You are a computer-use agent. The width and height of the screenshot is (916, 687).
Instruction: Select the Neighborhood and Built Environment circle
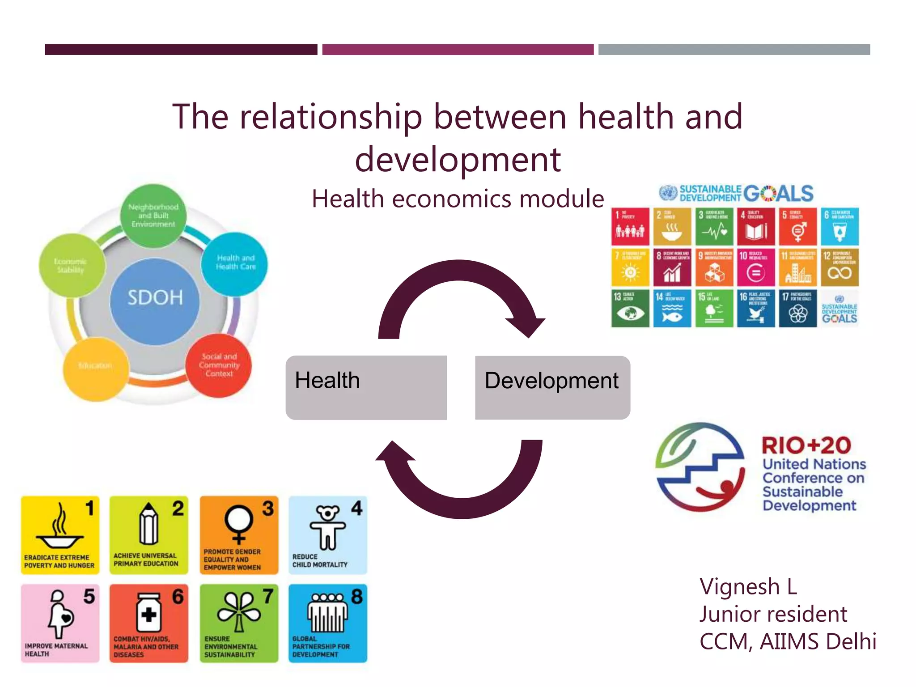coord(153,216)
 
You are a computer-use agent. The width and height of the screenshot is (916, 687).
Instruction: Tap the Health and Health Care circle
coord(235,264)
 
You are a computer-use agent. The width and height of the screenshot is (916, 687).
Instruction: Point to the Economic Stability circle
coord(72,266)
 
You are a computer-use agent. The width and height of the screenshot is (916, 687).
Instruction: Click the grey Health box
coord(366,387)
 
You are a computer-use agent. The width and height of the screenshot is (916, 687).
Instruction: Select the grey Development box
coord(552,387)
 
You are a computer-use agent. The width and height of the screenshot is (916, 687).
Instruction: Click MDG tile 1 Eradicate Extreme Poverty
coord(60,535)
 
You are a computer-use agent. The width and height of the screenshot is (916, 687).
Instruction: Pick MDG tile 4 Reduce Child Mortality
coord(328,535)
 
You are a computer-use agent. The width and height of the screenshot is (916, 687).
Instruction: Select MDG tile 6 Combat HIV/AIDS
coord(149,623)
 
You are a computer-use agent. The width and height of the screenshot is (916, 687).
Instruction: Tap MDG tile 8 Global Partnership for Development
coord(328,623)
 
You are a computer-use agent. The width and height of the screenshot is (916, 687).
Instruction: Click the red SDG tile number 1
coord(630,226)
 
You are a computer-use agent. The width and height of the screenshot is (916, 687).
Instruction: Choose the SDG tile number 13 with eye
coord(630,309)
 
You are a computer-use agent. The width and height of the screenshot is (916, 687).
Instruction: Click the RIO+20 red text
coord(806,445)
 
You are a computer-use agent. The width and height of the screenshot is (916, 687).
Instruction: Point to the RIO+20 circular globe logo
coord(700,467)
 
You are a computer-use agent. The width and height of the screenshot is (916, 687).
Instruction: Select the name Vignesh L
coord(748,587)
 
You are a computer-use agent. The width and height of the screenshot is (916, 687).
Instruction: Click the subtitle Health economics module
coord(458,199)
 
